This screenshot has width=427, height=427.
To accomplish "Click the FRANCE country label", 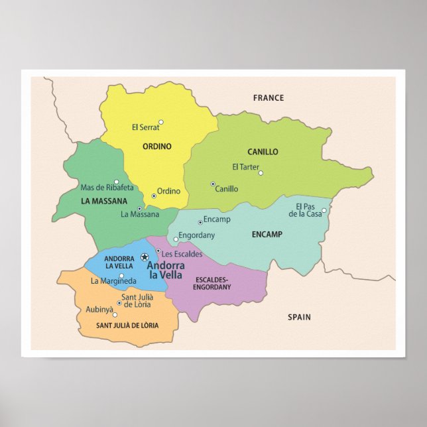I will coord(268,98).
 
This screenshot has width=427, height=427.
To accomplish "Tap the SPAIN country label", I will coord(299,318).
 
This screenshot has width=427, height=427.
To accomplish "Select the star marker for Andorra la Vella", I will coord(145,257).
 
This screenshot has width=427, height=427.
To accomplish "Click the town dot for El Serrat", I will coord(160,122).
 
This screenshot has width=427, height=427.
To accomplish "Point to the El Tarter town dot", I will coord(261,173).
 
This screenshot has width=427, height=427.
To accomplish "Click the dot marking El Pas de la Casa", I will coord(324,211).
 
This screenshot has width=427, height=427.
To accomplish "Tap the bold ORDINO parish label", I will coord(156,147).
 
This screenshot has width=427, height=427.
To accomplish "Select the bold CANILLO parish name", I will coord(263,152).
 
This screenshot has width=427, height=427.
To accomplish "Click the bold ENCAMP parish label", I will coord(267,234).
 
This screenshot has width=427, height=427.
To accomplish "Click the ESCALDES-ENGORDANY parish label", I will coord(212,284).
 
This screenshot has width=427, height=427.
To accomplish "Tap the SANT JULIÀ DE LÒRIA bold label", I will coord(128,326).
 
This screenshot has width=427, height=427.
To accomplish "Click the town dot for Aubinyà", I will coord(115,315).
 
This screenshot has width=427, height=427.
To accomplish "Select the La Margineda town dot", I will coord(121,276).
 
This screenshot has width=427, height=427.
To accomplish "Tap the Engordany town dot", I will coord(176,239).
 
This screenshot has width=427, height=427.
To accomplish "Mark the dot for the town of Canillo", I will coord(213,184).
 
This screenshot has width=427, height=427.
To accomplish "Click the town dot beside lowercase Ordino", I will coord(154,196).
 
